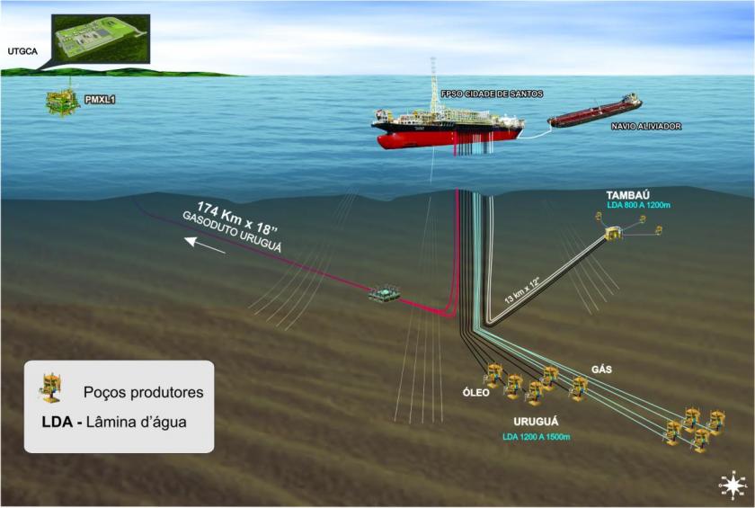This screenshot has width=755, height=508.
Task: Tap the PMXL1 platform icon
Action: [x=63, y=100]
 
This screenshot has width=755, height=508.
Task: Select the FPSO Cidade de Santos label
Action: [x=492, y=94]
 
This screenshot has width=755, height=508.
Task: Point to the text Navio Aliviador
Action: [x=645, y=127]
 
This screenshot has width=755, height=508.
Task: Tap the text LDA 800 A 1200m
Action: [x=639, y=206]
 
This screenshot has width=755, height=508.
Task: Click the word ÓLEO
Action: [x=475, y=392]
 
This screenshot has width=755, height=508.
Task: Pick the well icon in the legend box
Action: [x=50, y=389]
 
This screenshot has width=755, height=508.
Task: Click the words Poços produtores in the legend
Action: [x=143, y=392]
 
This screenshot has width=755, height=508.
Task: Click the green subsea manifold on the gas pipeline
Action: [x=386, y=295]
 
